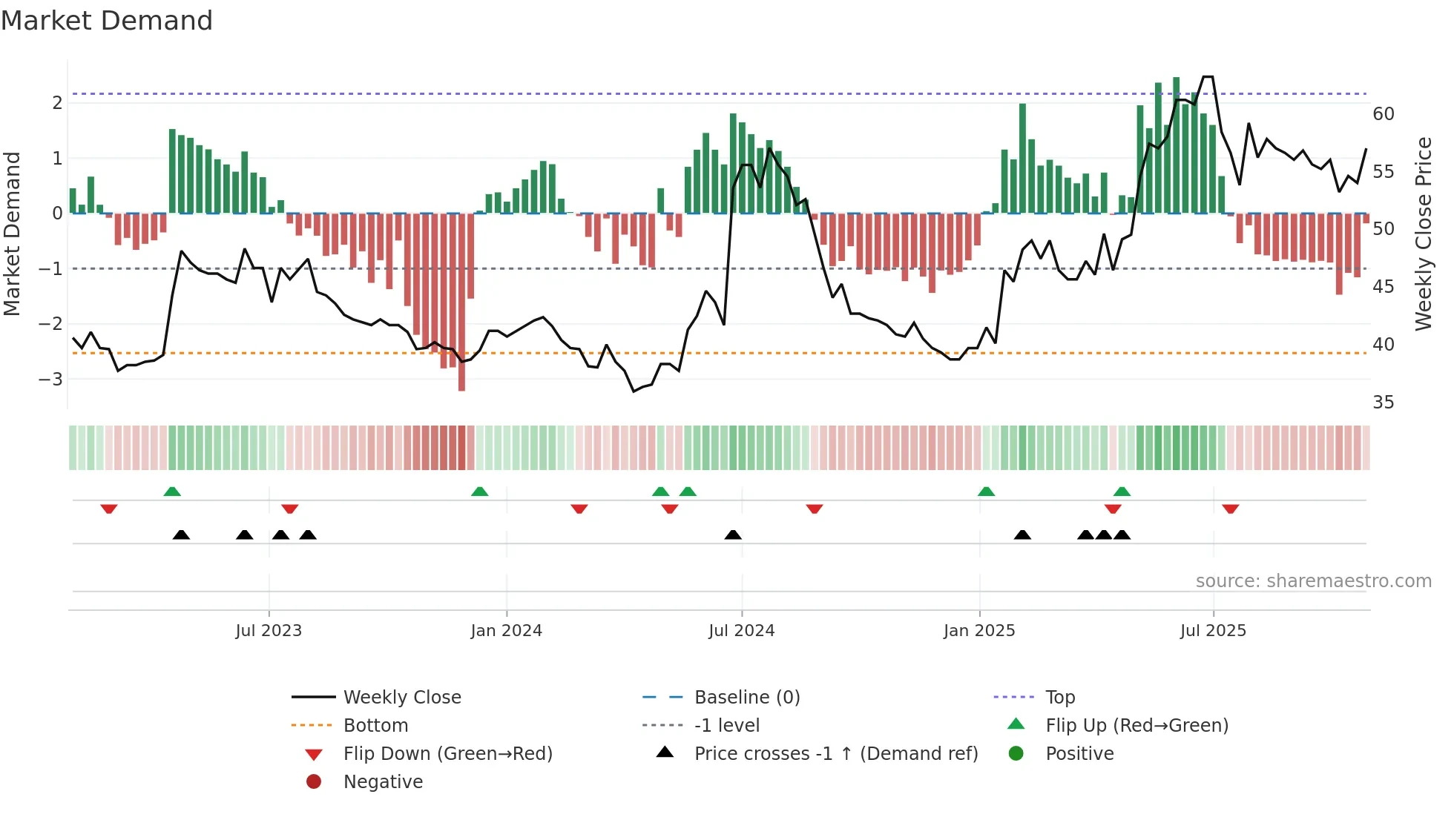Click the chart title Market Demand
(x=107, y=21)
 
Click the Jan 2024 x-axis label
(x=506, y=631)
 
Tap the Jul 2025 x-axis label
(x=1213, y=631)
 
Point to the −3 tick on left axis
(x=51, y=379)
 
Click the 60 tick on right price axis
(x=1384, y=114)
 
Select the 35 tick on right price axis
(x=1384, y=403)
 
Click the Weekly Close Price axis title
(x=1423, y=234)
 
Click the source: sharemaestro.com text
(x=1313, y=580)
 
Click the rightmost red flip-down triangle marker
(x=1231, y=509)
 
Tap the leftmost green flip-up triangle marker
(x=172, y=492)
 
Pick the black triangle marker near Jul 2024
(x=733, y=535)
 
